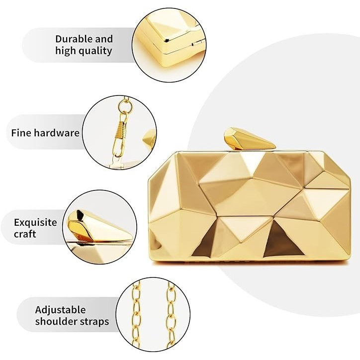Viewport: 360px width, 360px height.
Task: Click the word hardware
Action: click(x=57, y=133)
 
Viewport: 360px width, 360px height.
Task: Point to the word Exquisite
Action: click(x=35, y=222)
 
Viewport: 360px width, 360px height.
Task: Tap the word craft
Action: click(x=25, y=234)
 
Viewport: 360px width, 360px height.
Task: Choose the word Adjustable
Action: click(x=60, y=310)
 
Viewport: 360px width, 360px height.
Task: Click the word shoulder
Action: click(x=56, y=321)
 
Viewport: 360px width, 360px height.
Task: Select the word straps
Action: click(x=94, y=322)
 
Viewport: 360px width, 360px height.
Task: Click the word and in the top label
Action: click(x=104, y=39)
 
